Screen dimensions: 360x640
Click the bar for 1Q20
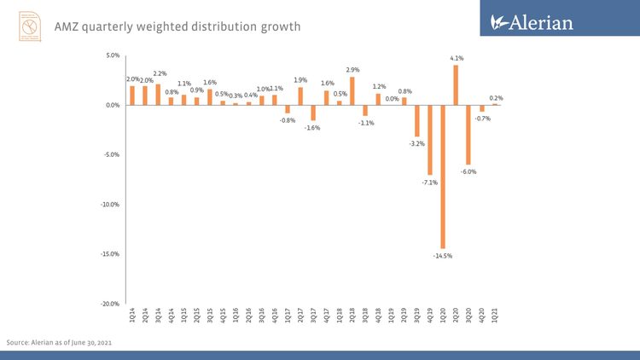pos(443,177)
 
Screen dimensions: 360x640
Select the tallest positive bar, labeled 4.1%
pos(456,85)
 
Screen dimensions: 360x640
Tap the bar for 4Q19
pos(430,140)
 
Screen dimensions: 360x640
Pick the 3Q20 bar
pos(468,135)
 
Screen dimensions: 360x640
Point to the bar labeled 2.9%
pos(352,91)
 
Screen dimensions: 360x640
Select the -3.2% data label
pos(416,143)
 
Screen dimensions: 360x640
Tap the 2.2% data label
pos(160,74)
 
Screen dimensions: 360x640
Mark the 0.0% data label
pos(392,98)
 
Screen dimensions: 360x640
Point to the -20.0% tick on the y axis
pos(112,304)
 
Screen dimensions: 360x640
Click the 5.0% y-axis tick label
pos(113,55)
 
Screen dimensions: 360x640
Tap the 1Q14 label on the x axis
pos(132,316)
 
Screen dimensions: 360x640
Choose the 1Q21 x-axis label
pos(495,316)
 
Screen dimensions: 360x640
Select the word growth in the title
pos(276,26)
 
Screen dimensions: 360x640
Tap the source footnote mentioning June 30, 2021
pos(60,342)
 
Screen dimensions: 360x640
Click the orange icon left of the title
pos(31,26)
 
